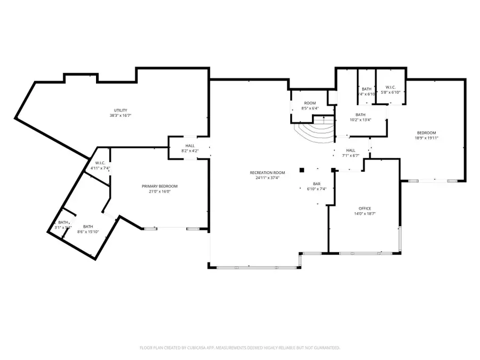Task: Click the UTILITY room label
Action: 120,110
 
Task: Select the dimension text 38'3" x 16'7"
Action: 120,116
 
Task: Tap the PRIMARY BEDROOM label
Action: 159,186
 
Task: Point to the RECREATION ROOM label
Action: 267,172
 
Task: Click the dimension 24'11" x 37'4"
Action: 267,178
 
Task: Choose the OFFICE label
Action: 365,209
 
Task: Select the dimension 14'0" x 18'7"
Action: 365,214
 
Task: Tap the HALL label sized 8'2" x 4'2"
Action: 190,146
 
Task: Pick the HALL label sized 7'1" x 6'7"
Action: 350,150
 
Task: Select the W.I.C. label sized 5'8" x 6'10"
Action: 390,87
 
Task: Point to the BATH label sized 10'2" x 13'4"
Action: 361,115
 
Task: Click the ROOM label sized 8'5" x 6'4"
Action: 310,103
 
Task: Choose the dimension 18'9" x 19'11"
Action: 426,138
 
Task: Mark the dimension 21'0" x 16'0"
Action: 159,191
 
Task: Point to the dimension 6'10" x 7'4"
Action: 316,189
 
